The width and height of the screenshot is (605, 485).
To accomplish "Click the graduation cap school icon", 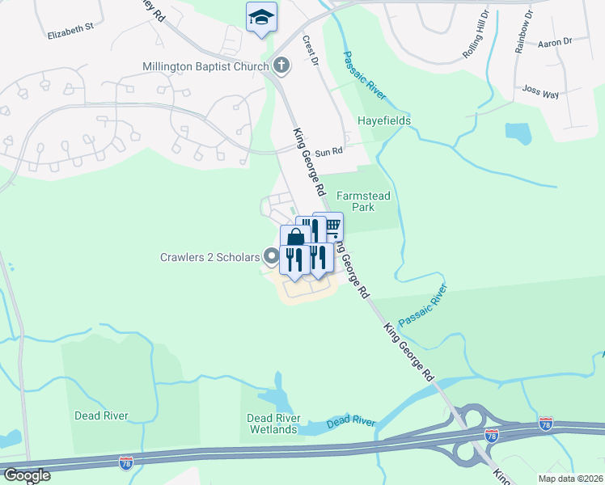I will pyautogui.click(x=261, y=17).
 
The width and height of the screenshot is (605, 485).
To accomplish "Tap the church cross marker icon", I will pyautogui.click(x=281, y=65).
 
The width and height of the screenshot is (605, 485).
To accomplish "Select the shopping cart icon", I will pyautogui.click(x=331, y=226).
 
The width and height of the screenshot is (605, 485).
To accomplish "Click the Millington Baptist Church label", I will pyautogui.click(x=205, y=65).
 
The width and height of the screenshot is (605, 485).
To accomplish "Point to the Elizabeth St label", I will pyautogui.click(x=71, y=35).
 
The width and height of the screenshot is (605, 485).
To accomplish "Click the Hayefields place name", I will pyautogui.click(x=384, y=121).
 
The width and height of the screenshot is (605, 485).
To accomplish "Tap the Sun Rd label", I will pyautogui.click(x=329, y=151).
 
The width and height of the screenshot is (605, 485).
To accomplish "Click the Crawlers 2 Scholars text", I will pyautogui.click(x=209, y=258).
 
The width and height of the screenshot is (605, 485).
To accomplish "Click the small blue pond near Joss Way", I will pyautogui.click(x=518, y=133).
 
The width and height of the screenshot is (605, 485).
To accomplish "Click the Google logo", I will pyautogui.click(x=26, y=475).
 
